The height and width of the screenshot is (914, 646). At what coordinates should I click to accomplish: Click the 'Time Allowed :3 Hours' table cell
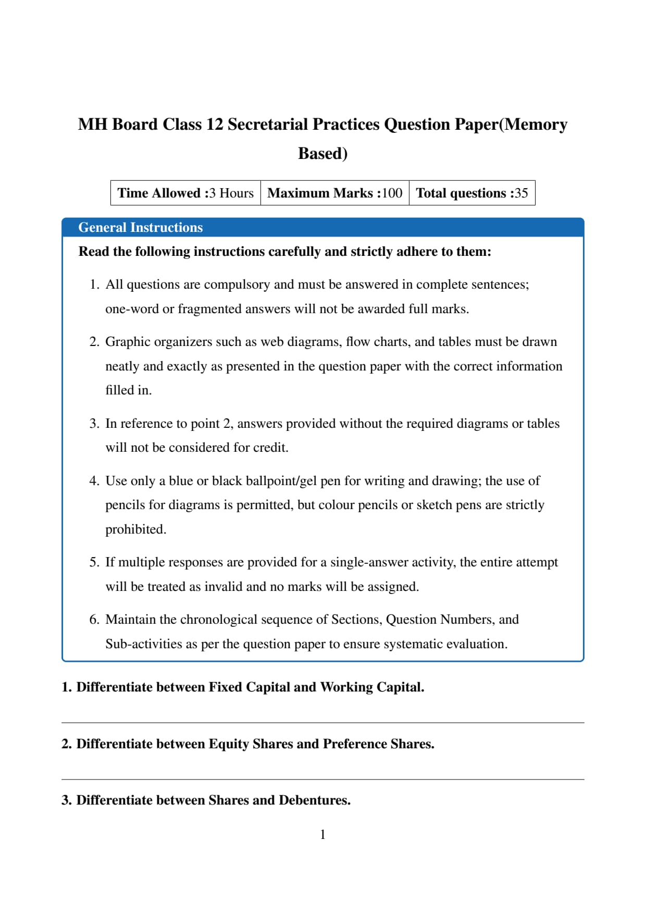[x=185, y=193]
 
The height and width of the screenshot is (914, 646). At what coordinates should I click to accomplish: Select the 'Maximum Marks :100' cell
[x=334, y=193]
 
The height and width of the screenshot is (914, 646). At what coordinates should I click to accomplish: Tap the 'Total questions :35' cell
[x=471, y=193]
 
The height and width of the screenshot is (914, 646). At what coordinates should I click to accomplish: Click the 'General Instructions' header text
[x=140, y=227]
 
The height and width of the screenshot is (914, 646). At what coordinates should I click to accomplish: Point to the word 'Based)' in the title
[x=322, y=153]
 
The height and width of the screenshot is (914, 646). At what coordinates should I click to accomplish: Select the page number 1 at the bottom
[x=322, y=834]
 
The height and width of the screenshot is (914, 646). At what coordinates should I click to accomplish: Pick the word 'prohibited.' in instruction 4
[x=135, y=529]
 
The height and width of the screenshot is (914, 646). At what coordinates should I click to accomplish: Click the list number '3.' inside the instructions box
[x=94, y=424]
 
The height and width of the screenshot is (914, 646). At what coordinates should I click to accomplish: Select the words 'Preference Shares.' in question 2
[x=378, y=744]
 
